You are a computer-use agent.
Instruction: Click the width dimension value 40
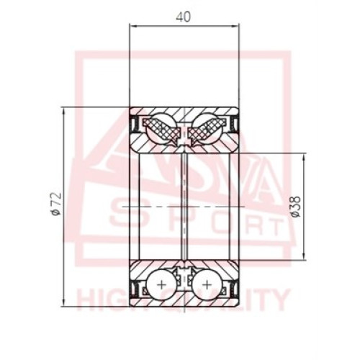pyautogui.click(x=184, y=17)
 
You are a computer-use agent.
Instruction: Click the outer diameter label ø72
pyautogui.click(x=55, y=204)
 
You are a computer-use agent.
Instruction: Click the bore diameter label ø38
pyautogui.click(x=296, y=207)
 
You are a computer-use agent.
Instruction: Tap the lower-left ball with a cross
pyautogui.click(x=161, y=285)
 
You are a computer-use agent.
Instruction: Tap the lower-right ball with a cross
pyautogui.click(x=207, y=285)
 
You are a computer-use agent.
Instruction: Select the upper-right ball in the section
pyautogui.click(x=207, y=127)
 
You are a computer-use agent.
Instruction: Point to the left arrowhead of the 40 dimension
pyautogui.click(x=132, y=26)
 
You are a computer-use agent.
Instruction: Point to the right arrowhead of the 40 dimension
pyautogui.click(x=235, y=26)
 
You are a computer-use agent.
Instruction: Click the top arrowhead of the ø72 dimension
pyautogui.click(x=64, y=111)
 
